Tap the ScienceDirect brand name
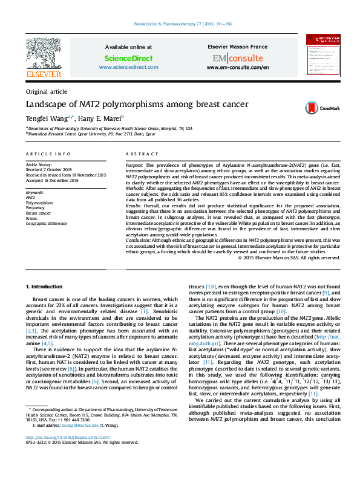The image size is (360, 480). coord(128,58)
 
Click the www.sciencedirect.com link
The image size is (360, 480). coord(128,67)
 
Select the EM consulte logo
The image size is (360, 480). coord(237,58)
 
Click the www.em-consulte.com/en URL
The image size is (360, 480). coord(237,67)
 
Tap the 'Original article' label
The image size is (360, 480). coord(47,91)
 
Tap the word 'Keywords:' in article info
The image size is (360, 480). coord(34,192)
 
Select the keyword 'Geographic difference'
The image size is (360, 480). coord(46,224)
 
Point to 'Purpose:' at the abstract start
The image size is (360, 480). coord(135,165)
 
